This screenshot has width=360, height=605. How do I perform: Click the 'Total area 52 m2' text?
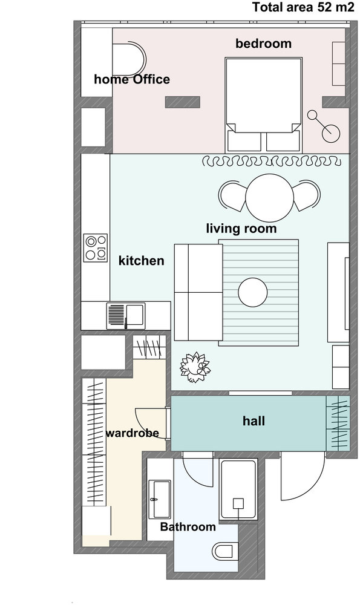click(x=303, y=7)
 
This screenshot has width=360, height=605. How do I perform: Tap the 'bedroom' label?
click(x=264, y=43)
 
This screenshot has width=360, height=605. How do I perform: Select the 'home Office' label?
click(x=132, y=79)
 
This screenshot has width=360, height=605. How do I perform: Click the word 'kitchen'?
click(x=141, y=260)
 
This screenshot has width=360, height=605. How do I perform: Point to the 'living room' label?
click(x=241, y=228)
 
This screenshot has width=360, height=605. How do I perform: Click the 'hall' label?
click(x=254, y=420)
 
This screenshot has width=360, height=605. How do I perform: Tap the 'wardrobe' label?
click(x=133, y=433)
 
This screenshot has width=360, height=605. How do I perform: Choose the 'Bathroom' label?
click(x=188, y=527)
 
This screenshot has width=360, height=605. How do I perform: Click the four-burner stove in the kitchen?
click(x=96, y=248)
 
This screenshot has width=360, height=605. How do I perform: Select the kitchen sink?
click(x=126, y=316)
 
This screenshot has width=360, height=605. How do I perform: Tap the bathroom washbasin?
click(x=159, y=499)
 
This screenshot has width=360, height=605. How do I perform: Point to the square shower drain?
click(x=238, y=503)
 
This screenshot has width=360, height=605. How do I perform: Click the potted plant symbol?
click(x=195, y=367)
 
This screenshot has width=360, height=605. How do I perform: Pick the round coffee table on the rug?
click(x=253, y=292)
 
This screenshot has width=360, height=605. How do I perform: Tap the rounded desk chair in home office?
click(x=129, y=60)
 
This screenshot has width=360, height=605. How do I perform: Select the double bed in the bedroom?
click(x=264, y=104)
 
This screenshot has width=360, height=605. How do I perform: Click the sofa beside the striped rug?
click(x=198, y=292)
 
